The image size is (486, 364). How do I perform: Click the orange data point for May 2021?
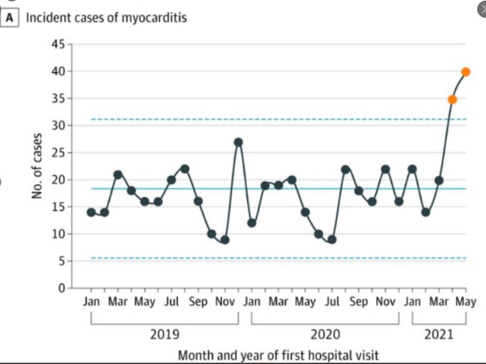pyautogui.click(x=466, y=72)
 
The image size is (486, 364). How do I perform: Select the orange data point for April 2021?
pyautogui.click(x=452, y=99)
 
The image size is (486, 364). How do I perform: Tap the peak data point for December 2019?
pyautogui.click(x=238, y=142)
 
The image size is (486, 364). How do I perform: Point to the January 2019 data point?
pyautogui.click(x=91, y=212)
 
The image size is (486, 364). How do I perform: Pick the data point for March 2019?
pyautogui.click(x=118, y=175)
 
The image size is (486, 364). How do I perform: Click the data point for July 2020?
pyautogui.click(x=332, y=239)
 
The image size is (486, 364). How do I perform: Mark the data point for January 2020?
pyautogui.click(x=252, y=223)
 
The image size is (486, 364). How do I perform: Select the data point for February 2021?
pyautogui.click(x=426, y=212)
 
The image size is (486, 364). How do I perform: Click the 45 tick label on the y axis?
pyautogui.click(x=60, y=44)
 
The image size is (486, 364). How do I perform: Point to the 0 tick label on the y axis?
pyautogui.click(x=62, y=288)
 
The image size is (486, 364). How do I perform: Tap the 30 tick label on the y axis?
pyautogui.click(x=60, y=126)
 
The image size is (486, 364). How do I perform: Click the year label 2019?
pyautogui.click(x=164, y=334)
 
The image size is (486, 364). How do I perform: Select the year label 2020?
pyautogui.click(x=325, y=334)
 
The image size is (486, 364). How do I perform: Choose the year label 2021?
pyautogui.click(x=439, y=334)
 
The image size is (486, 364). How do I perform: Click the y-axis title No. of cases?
pyautogui.click(x=38, y=166)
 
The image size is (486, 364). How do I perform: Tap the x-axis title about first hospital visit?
pyautogui.click(x=279, y=356)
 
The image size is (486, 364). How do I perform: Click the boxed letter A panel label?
pyautogui.click(x=10, y=18)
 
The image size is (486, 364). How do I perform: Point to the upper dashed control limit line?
pyautogui.click(x=278, y=119)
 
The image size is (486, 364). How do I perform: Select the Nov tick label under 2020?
pyautogui.click(x=385, y=302)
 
